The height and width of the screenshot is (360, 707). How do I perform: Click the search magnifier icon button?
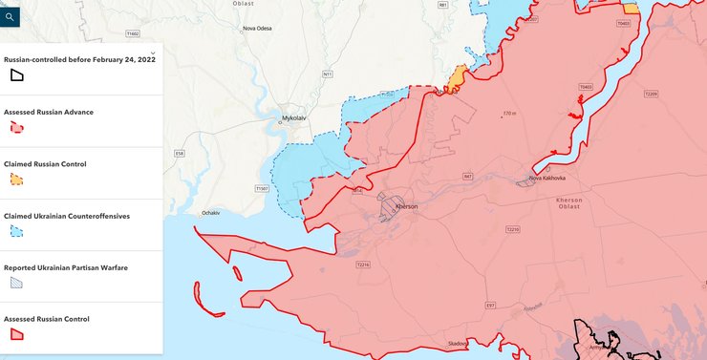(10, 16)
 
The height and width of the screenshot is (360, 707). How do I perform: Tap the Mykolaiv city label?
(294, 118)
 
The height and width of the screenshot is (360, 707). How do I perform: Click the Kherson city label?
(406, 206)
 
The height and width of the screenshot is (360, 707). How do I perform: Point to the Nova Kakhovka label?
(547, 179)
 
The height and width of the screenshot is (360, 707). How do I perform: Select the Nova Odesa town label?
(258, 28)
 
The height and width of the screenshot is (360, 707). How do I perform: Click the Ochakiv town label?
(211, 212)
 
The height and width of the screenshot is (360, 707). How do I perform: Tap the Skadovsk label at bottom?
(458, 344)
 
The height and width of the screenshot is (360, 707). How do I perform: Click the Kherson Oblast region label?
(575, 202)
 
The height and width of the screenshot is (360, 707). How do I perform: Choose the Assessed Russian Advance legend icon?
(16, 127)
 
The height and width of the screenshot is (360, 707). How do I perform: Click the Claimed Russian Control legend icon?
(16, 179)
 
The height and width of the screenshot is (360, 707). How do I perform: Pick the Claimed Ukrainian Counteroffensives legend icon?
(16, 231)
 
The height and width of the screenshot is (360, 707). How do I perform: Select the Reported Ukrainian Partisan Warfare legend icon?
(16, 283)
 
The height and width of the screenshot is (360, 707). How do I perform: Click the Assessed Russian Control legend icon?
(16, 334)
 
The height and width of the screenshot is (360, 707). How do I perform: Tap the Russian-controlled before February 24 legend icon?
(16, 75)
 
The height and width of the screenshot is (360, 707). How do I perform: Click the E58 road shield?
(180, 154)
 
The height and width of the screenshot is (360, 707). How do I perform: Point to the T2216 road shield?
(362, 264)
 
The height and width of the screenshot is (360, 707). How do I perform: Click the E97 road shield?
(490, 306)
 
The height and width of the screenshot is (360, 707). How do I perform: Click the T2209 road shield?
(651, 94)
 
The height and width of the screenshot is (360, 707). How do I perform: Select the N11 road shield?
(328, 74)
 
